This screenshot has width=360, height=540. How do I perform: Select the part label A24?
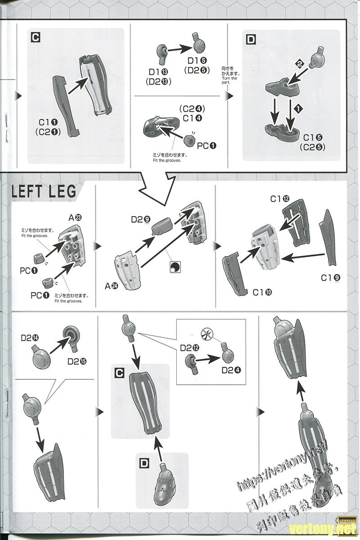coord(111,286)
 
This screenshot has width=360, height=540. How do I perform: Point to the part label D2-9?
coord(140,220)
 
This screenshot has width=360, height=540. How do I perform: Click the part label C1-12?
coord(280,198)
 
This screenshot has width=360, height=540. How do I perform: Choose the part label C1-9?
coord(330,278)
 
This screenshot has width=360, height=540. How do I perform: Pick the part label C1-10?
coord(262,292)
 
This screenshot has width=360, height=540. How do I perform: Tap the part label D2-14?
coord(29,337)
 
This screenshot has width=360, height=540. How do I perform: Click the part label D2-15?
coord(77,361)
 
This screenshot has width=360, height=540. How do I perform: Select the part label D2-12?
coord(189,347)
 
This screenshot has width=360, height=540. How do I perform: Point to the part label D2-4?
coord(231,370)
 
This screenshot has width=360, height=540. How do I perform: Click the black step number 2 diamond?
coord(299,64)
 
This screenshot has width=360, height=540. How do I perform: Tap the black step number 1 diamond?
coord(297,108)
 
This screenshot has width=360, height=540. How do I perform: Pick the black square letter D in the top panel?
coord(251,40)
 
